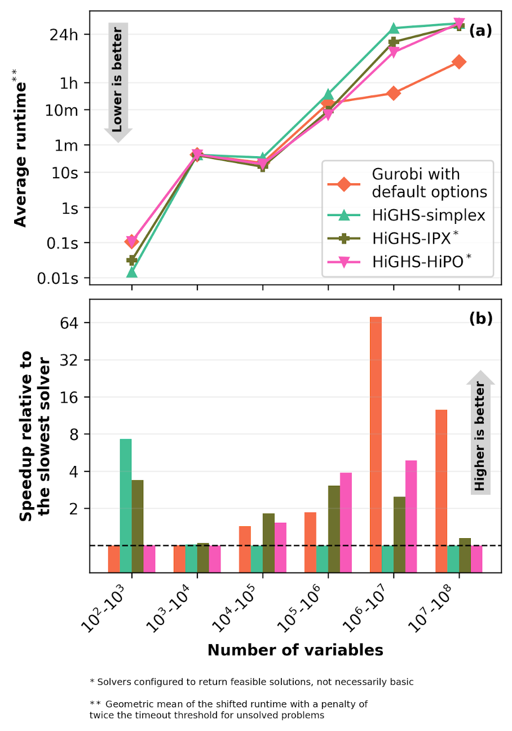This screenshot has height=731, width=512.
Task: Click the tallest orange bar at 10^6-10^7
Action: [376, 431]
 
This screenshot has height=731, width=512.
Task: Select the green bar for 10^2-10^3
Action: [126, 492]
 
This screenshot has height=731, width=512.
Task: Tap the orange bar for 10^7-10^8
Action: [441, 477]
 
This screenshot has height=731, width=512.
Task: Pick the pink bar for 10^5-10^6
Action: [346, 509]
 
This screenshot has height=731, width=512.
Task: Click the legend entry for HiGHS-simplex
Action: [429, 216]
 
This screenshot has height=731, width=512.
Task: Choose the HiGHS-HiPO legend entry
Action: [429, 261]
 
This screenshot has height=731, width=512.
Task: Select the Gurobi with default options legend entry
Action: [429, 183]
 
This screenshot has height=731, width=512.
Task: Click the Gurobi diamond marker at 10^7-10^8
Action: [459, 62]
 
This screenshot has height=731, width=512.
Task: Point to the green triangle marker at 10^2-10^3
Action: [132, 272]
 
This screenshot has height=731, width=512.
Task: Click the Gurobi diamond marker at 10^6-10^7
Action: [394, 93]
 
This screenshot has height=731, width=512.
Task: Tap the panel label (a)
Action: [480, 31]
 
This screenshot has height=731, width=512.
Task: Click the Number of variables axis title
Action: [295, 650]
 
